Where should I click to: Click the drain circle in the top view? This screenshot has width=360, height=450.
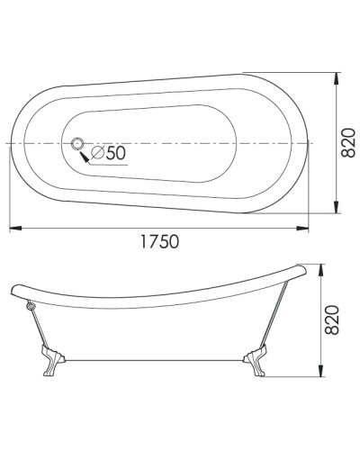(76, 143)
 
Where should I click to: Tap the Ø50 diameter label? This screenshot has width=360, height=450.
(108, 153)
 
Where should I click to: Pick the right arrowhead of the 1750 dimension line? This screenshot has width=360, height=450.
(311, 226)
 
